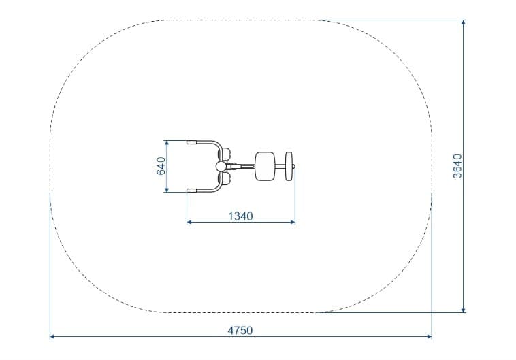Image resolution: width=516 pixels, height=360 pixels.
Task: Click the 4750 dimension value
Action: point(240,330)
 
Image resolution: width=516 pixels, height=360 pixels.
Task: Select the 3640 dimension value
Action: point(457,166)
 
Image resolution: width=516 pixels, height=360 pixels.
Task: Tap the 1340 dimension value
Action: point(240,216)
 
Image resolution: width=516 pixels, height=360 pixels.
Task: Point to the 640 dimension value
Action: point(161,166)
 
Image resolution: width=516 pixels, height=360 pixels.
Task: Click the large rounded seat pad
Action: point(265,166)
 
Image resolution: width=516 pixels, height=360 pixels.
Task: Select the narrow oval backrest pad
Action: point(289,166)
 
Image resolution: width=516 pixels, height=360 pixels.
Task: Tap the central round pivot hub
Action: point(221,167)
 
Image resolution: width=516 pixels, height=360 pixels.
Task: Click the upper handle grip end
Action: point(191,142)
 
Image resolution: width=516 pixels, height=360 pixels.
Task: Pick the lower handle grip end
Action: point(191,190)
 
